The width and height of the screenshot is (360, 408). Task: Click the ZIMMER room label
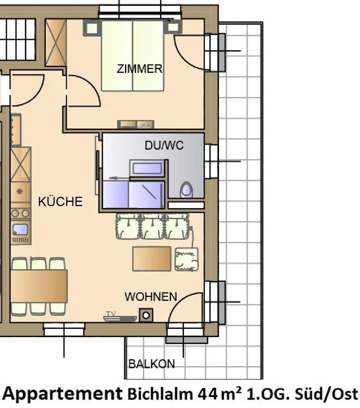click(x=139, y=69)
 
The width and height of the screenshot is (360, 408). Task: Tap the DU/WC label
click(x=164, y=146)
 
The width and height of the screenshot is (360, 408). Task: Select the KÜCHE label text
click(x=60, y=202)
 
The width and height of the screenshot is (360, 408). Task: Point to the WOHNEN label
click(x=151, y=297)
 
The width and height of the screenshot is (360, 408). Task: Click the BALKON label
click(x=152, y=364)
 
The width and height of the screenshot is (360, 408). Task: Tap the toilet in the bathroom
click(x=187, y=190)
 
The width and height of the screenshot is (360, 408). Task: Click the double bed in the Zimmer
click(x=132, y=55)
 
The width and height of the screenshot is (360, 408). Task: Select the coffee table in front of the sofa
click(x=152, y=258)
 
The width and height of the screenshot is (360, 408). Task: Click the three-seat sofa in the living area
click(x=152, y=226)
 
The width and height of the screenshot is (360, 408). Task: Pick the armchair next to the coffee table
click(x=187, y=259)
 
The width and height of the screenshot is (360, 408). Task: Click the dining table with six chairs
click(x=39, y=286)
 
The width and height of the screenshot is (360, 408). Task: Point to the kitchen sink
click(x=20, y=230)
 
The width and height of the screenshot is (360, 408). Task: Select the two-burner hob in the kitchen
click(x=20, y=213)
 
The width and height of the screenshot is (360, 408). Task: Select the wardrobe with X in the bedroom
click(x=56, y=42)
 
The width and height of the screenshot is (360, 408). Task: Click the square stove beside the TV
click(x=146, y=315)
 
